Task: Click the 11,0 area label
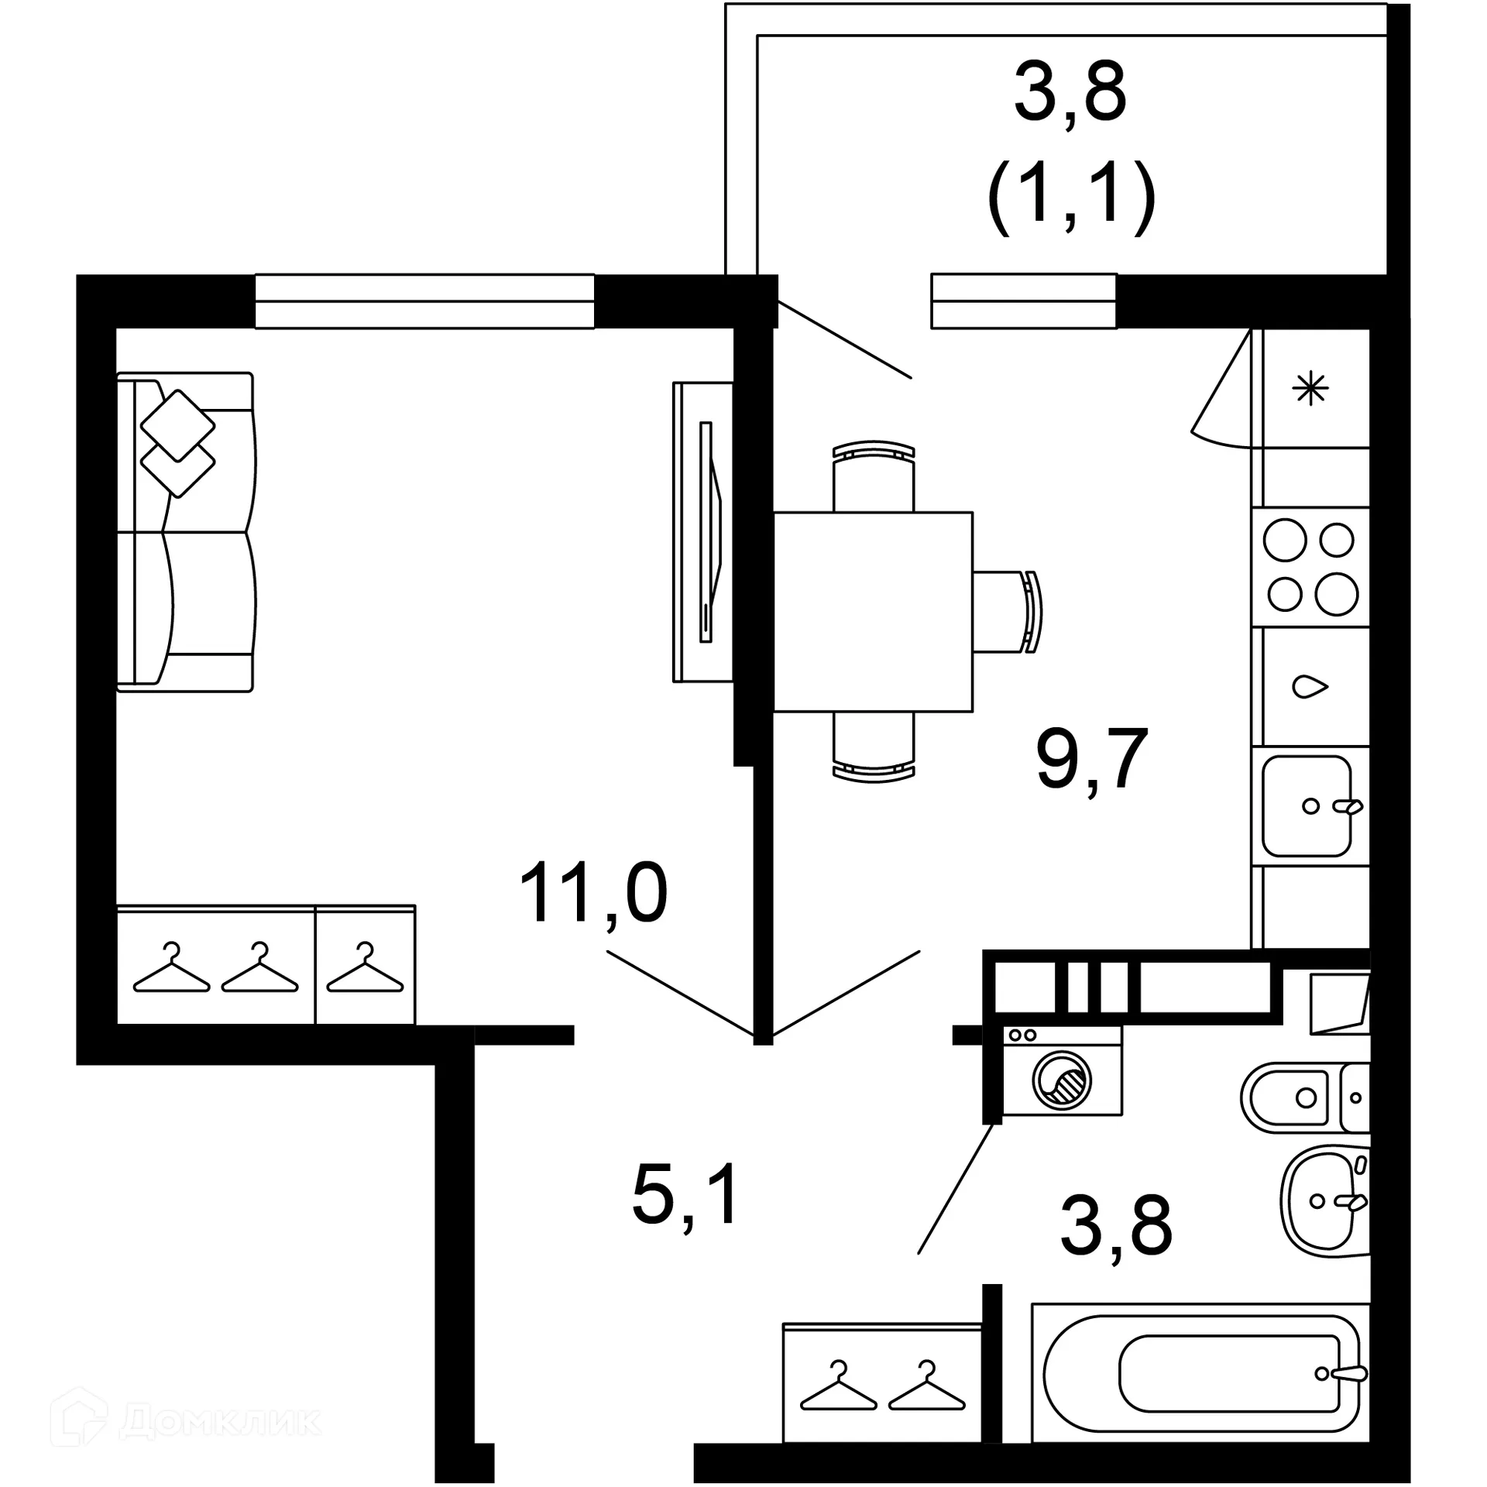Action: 593,894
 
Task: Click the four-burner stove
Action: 1310,567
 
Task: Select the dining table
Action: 873,611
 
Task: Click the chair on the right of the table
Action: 1007,612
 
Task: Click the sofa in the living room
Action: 186,532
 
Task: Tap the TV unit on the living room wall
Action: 703,532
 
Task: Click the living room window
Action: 424,301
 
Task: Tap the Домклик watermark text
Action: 221,1420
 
